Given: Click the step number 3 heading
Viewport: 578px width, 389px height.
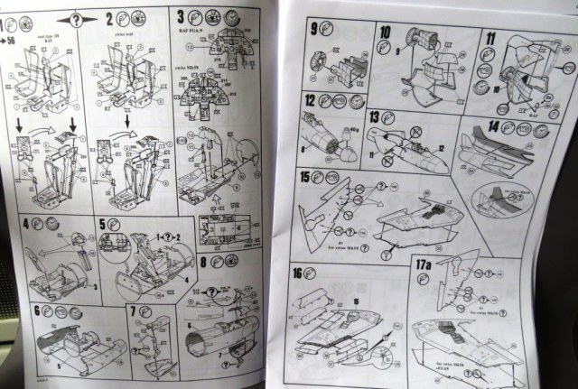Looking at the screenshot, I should coord(180,15).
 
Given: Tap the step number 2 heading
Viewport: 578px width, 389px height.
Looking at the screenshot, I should coord(109,17).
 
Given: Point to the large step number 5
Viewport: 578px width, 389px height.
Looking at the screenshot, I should coord(102,222).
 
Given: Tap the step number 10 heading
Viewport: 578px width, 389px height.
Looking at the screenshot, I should coord(385,33).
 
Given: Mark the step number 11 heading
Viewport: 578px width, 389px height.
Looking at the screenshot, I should coord(490,38).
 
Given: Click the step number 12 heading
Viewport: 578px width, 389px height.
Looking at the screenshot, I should coord(310,99).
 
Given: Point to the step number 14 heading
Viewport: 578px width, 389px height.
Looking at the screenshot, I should coord(493,127).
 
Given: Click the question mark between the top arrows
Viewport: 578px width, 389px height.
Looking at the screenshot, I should coord(75,18).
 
